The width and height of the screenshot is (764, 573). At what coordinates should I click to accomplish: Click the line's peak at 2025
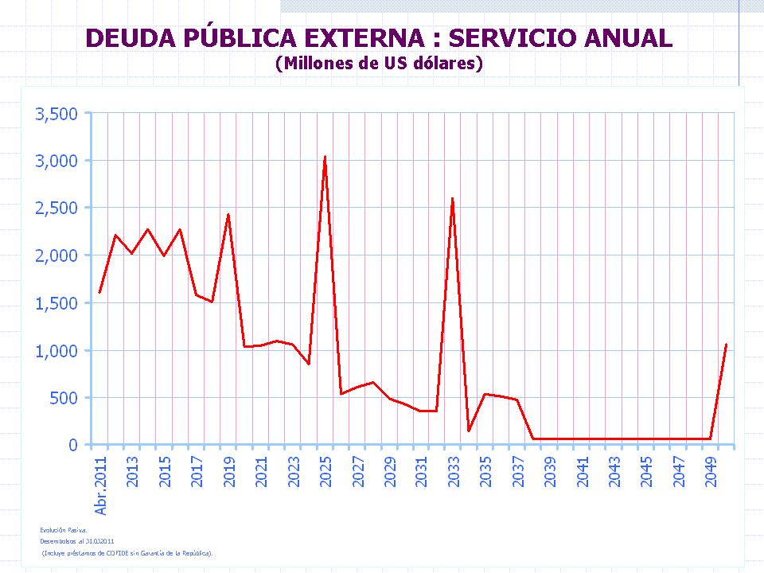[325, 157]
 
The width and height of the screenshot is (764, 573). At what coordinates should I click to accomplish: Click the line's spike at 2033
[453, 199]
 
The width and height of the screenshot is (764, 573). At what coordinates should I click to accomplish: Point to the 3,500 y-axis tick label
[57, 114]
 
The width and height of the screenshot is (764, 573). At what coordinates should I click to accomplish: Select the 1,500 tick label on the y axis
[57, 303]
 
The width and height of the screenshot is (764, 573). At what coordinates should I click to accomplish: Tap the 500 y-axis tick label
[64, 398]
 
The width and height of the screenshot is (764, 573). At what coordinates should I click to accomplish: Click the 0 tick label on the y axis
[73, 445]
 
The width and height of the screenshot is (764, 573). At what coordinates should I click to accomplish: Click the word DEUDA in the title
[129, 38]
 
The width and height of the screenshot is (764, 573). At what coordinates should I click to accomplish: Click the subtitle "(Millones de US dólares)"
[379, 64]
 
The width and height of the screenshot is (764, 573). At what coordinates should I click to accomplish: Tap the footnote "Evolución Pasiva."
[64, 528]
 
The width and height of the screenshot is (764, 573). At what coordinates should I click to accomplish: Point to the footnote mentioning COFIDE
[127, 552]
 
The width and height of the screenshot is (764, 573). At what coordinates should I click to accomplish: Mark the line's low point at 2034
[469, 431]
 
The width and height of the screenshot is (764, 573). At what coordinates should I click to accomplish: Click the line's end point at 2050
[726, 345]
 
